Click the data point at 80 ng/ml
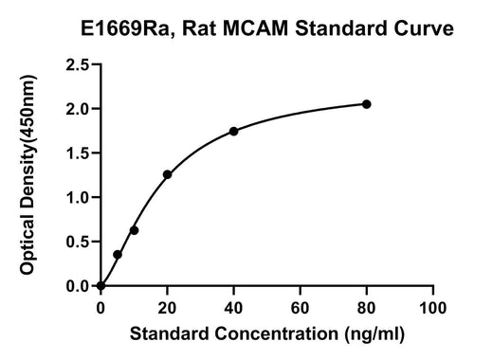click(x=366, y=104)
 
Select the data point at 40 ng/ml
click(x=233, y=132)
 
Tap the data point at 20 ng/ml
click(x=167, y=174)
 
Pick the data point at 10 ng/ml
click(x=134, y=230)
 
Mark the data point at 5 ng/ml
click(x=118, y=255)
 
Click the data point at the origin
click(x=100, y=286)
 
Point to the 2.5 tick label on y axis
click(x=78, y=64)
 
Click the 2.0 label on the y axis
click(x=78, y=109)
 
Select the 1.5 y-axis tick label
click(x=78, y=153)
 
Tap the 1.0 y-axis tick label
click(x=78, y=197)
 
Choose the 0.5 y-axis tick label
click(x=78, y=242)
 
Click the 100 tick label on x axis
click(x=432, y=308)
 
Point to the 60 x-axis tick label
click(x=300, y=308)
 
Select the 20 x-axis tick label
click(x=167, y=308)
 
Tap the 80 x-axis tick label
click(x=366, y=308)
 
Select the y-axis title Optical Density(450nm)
click(x=27, y=174)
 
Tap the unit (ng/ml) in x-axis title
click(x=374, y=334)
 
